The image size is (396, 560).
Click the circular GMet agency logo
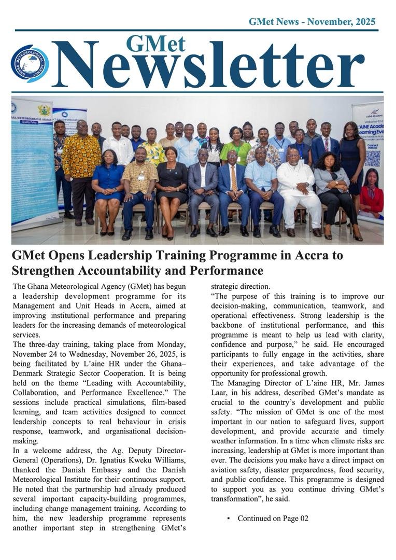(x=30, y=64)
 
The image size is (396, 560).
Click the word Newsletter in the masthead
(x=207, y=66)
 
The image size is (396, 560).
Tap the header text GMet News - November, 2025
(x=312, y=22)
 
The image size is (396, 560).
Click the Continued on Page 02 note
(x=273, y=518)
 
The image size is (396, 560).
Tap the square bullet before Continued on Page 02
(x=229, y=518)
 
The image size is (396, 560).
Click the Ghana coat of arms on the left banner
(x=44, y=110)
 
